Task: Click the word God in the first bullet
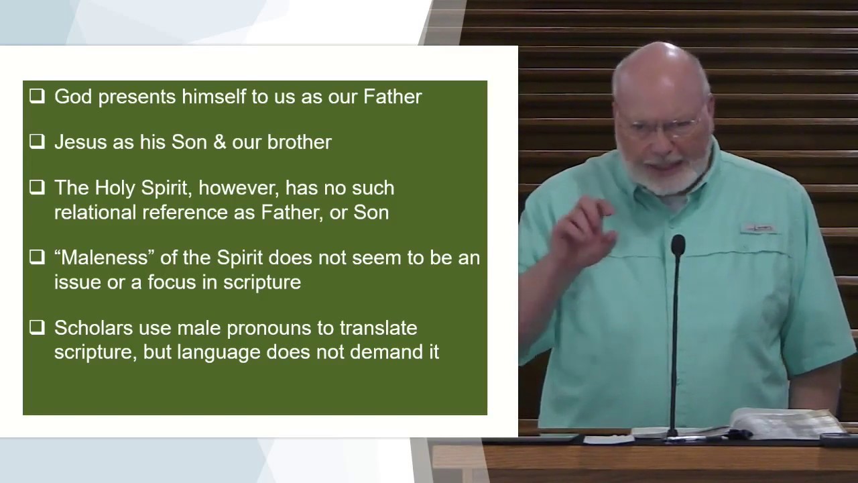pos(73,96)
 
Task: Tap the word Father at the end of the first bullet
pos(392,96)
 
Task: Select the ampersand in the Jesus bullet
pos(219,142)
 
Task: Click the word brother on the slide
pos(299,142)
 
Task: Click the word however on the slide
pos(239,189)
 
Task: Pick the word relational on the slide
pos(95,213)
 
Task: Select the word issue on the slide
pos(77,282)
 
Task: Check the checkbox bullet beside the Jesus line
pos(37,142)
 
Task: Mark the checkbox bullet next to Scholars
pos(37,327)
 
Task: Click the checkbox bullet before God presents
pos(37,96)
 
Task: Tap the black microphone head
pos(678,246)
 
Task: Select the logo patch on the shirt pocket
pos(757,229)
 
